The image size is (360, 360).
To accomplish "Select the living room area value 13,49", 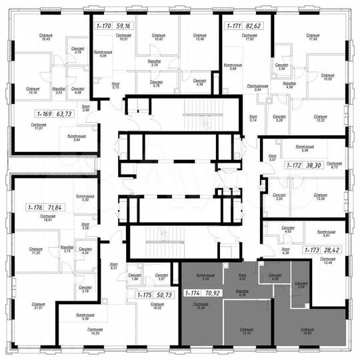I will [327, 263].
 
